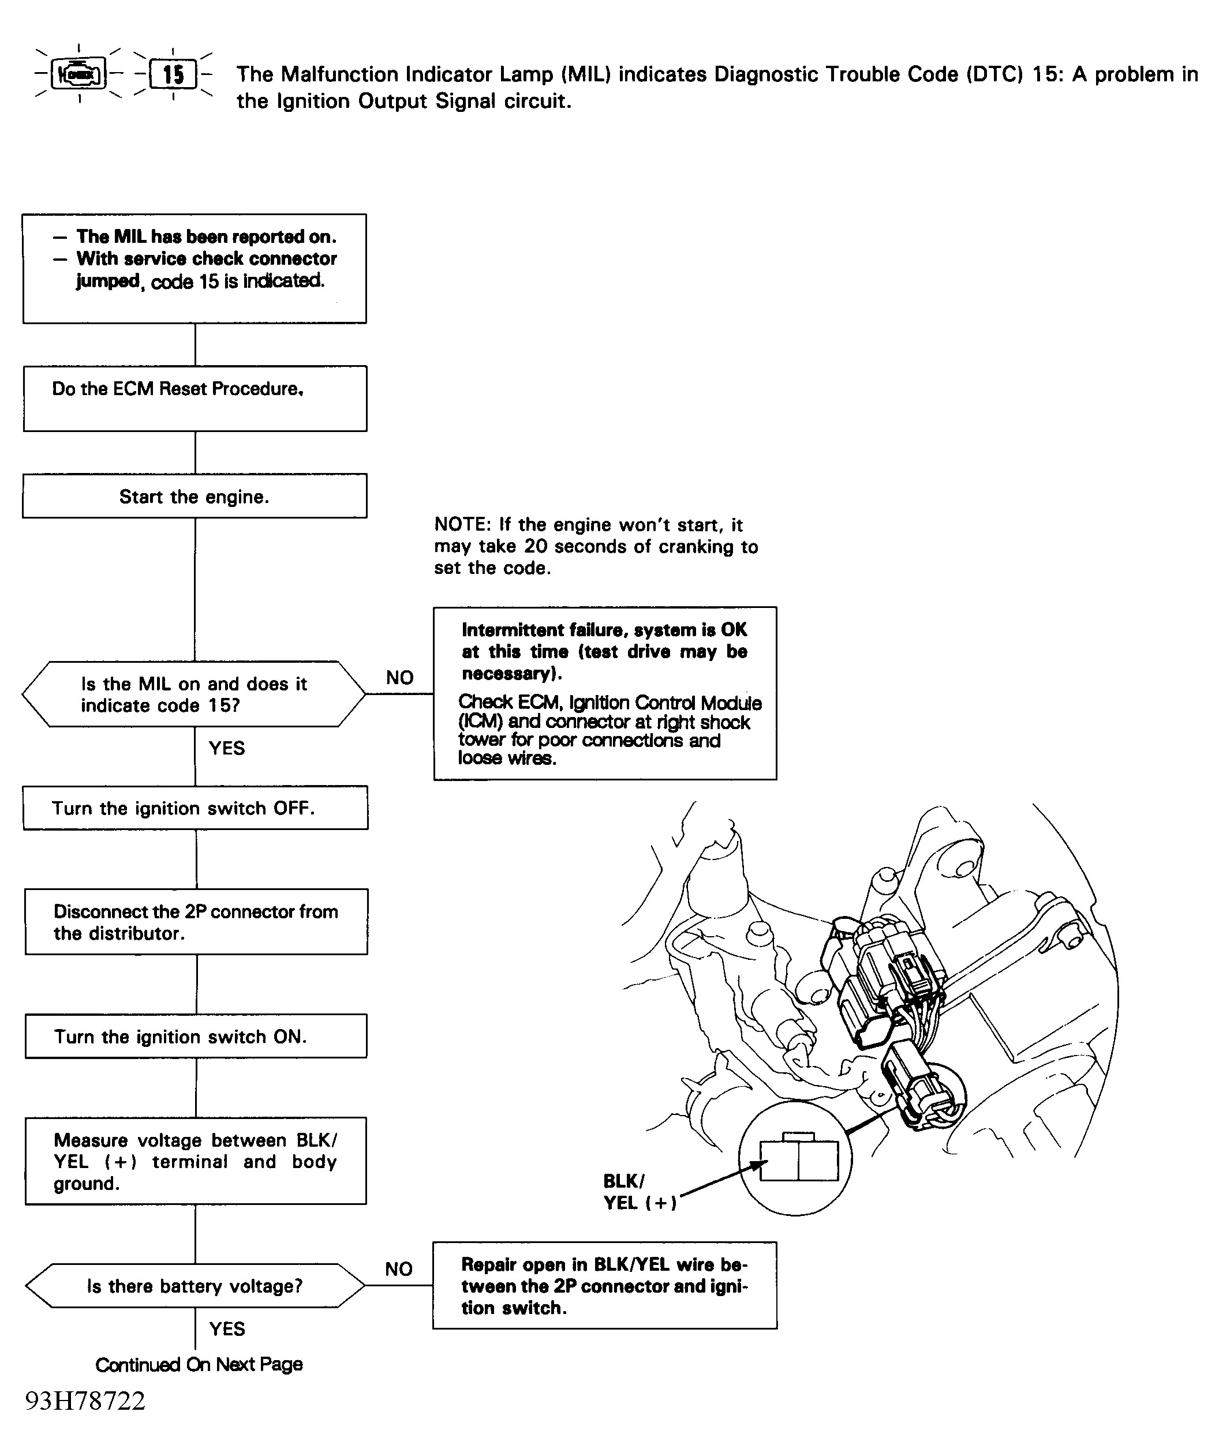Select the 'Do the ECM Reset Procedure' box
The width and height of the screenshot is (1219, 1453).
pyautogui.click(x=195, y=399)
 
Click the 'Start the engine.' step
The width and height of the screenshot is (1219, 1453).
pyautogui.click(x=195, y=496)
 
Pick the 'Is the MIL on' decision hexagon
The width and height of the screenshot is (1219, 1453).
pyautogui.click(x=194, y=694)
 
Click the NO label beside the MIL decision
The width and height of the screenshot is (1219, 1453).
pyautogui.click(x=399, y=677)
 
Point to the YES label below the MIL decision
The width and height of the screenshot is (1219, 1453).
pyautogui.click(x=227, y=748)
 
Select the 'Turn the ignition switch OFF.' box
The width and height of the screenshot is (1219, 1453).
pyautogui.click(x=195, y=808)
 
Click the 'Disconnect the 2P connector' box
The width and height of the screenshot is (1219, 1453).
pyautogui.click(x=197, y=922)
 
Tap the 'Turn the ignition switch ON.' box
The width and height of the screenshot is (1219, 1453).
pyautogui.click(x=196, y=1036)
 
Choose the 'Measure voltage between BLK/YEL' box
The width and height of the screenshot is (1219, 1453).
pyautogui.click(x=196, y=1161)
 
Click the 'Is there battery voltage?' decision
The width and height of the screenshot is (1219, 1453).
pyautogui.click(x=195, y=1286)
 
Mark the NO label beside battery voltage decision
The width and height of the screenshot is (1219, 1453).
pyautogui.click(x=399, y=1268)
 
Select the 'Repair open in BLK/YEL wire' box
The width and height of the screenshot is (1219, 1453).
pyautogui.click(x=604, y=1286)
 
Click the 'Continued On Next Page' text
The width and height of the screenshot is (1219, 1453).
pyautogui.click(x=199, y=1364)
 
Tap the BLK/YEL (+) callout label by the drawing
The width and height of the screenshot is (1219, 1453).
pyautogui.click(x=639, y=1192)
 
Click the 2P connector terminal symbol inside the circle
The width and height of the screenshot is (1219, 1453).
pyautogui.click(x=799, y=1159)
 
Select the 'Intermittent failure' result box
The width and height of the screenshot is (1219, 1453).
pyautogui.click(x=604, y=693)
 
